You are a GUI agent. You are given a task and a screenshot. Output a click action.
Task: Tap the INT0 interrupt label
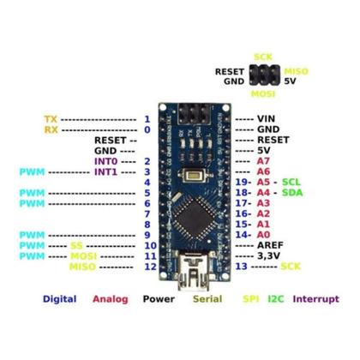click(x=105, y=161)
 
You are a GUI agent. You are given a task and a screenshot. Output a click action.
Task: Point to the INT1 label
click(x=105, y=172)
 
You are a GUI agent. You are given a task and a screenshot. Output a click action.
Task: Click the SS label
click(x=76, y=245)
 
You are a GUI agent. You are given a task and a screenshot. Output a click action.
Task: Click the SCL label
click(x=291, y=183)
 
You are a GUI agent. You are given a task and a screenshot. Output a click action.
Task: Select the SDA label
click(x=291, y=194)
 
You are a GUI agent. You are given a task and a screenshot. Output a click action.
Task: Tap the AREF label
click(x=271, y=244)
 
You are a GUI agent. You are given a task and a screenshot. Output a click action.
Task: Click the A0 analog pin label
click(x=262, y=234)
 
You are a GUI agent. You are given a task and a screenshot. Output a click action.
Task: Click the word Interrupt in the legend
click(x=317, y=299)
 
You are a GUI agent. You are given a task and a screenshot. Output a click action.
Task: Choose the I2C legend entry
click(x=274, y=299)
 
